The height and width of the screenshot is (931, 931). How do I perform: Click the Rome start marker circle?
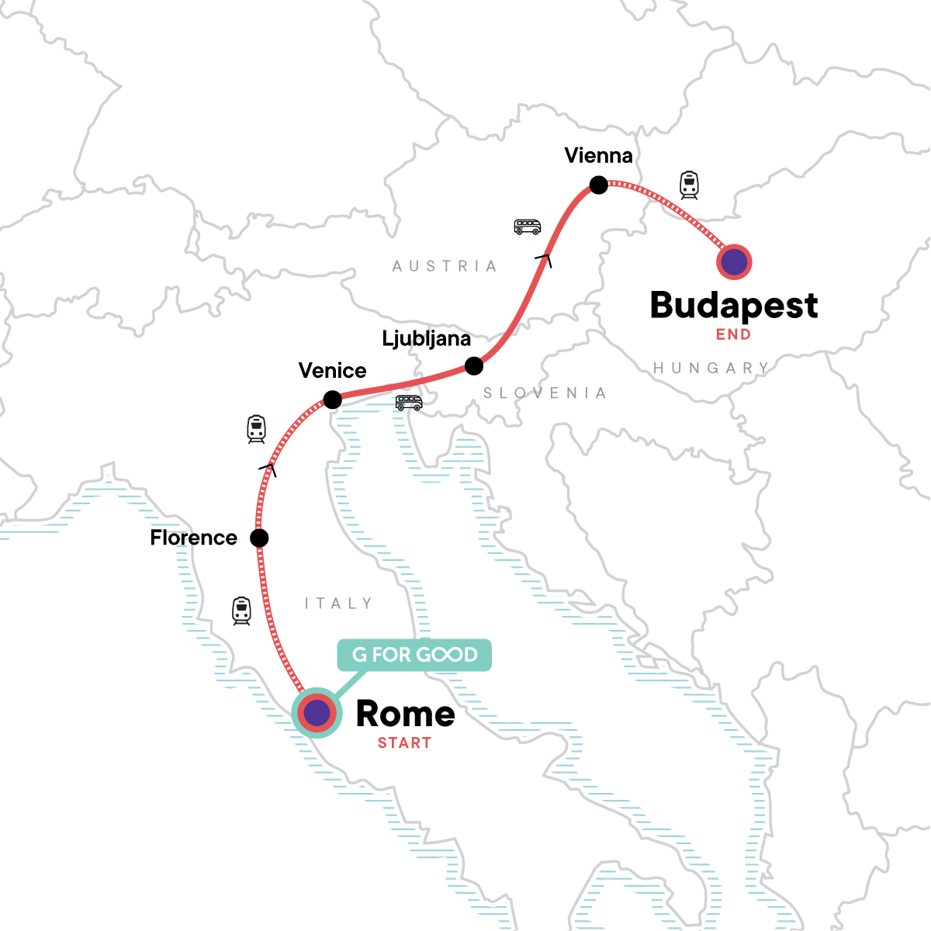click(x=317, y=712)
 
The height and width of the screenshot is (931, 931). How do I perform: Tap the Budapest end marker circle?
click(x=733, y=262)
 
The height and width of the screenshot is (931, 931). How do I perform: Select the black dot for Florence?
click(x=260, y=538)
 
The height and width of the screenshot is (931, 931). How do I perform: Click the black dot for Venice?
click(x=332, y=400)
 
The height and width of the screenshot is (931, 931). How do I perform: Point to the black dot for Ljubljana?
click(x=473, y=365)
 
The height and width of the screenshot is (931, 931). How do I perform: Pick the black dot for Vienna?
click(x=598, y=185)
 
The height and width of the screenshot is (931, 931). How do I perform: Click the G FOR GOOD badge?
click(x=414, y=655)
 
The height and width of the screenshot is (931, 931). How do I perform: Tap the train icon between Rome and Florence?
click(x=242, y=611)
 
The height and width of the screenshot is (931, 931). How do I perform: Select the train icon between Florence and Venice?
click(x=257, y=429)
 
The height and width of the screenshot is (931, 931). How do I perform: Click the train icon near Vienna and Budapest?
click(x=689, y=185)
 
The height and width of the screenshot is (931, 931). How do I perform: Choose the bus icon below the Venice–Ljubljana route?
click(x=409, y=403)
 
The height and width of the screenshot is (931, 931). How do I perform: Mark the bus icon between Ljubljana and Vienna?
click(x=528, y=227)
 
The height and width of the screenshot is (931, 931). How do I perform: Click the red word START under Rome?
click(x=404, y=743)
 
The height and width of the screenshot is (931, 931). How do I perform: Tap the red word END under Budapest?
click(x=733, y=335)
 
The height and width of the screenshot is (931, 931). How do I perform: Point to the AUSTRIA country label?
click(x=445, y=266)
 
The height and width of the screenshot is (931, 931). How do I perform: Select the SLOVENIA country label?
click(x=545, y=393)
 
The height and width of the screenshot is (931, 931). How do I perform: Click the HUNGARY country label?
click(x=711, y=368)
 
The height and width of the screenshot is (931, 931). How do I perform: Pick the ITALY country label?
click(x=339, y=604)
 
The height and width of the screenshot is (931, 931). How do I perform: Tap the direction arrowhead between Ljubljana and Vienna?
click(x=545, y=261)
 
